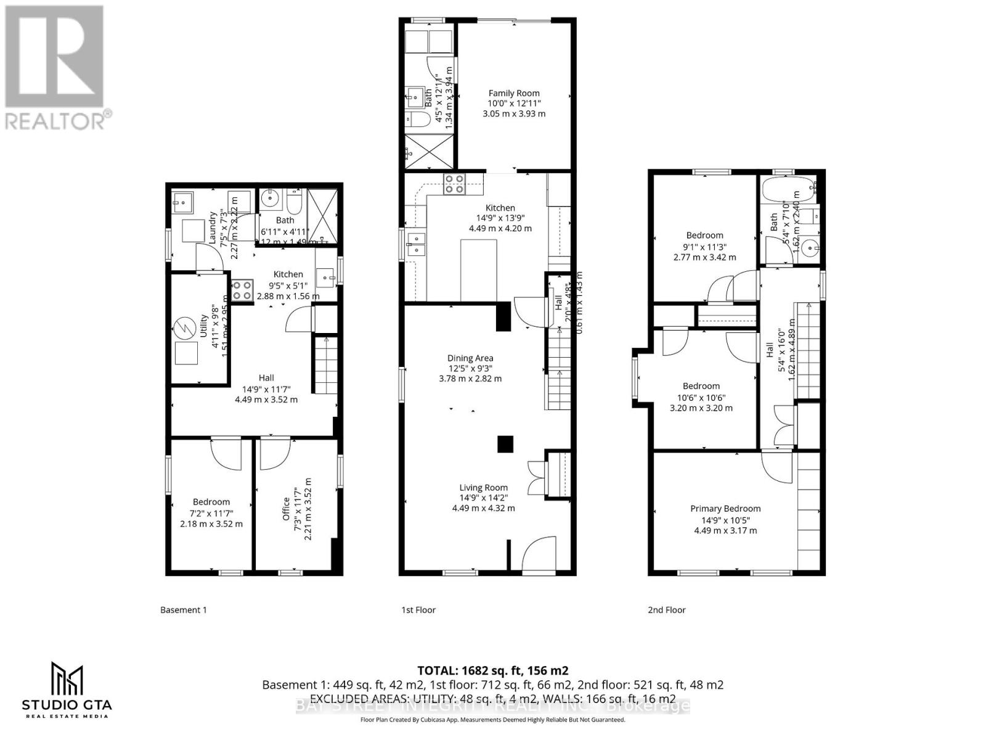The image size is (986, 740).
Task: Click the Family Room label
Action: coord(514,93)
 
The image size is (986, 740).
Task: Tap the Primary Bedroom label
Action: coord(725,509)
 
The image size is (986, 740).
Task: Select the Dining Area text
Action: coord(470,358)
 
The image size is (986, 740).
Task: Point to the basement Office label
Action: coord(287,509)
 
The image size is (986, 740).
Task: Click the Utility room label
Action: coord(203,326)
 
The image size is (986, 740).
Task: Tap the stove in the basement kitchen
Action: coord(242,290)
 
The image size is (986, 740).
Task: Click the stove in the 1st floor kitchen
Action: coord(455,184)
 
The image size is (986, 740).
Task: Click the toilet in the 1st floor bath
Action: coord(420,118)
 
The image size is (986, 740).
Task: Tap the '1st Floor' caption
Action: coord(418,610)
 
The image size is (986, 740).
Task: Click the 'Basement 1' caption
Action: coord(184,610)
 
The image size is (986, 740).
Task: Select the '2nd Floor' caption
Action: coord(666,610)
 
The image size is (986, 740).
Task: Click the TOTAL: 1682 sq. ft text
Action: coord(492,670)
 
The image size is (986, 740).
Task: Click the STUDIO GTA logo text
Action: coord(67,704)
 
